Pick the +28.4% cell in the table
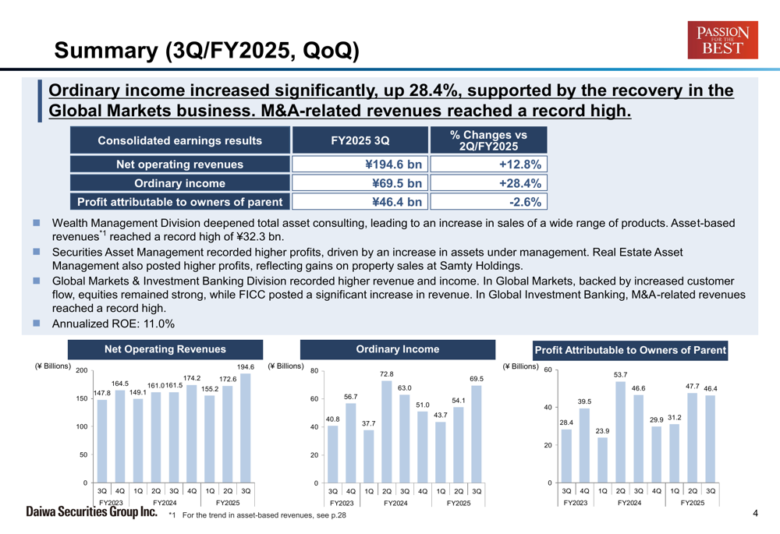[488, 183]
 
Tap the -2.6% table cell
[488, 202]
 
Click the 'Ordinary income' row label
[179, 183]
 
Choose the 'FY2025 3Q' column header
[360, 140]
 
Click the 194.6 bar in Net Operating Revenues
[246, 428]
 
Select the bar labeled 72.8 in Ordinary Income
[386, 433]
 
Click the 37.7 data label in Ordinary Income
[369, 423]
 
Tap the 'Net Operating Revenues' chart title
[165, 350]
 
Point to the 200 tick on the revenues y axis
[81, 371]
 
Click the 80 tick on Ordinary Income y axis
[314, 371]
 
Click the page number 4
[756, 513]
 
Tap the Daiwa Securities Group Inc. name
[92, 512]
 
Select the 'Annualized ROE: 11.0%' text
[113, 324]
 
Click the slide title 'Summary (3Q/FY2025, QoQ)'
[207, 51]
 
